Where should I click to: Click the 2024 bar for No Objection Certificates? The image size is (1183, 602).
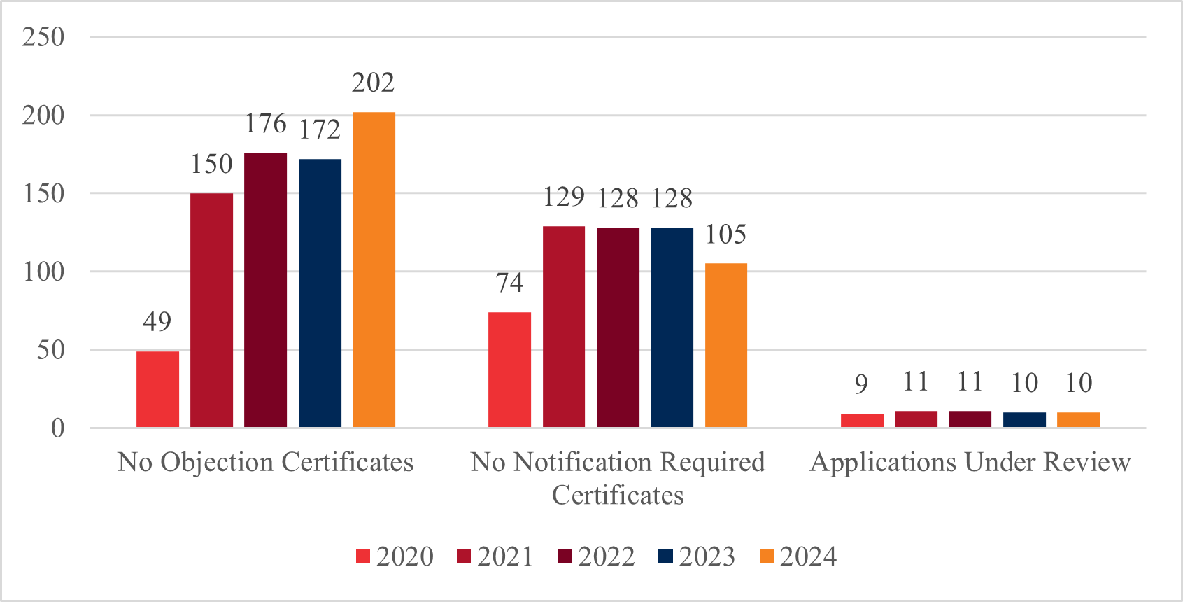pyautogui.click(x=374, y=269)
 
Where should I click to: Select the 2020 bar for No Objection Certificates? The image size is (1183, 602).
pyautogui.click(x=157, y=389)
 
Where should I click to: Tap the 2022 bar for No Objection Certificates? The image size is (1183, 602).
pyautogui.click(x=265, y=290)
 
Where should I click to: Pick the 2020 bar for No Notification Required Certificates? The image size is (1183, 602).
pyautogui.click(x=509, y=370)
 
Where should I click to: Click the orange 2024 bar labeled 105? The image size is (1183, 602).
pyautogui.click(x=725, y=345)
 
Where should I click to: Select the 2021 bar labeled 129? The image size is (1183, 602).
pyautogui.click(x=564, y=326)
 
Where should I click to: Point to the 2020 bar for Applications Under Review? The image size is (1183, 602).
pyautogui.click(x=862, y=420)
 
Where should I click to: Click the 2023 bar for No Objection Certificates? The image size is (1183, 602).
pyautogui.click(x=320, y=293)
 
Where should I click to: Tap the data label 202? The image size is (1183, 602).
pyautogui.click(x=373, y=83)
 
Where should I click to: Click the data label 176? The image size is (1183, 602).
pyautogui.click(x=265, y=124)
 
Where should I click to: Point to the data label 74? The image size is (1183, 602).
pyautogui.click(x=509, y=283)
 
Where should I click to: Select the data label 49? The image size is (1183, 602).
pyautogui.click(x=157, y=322)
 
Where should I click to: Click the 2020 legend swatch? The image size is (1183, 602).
pyautogui.click(x=363, y=557)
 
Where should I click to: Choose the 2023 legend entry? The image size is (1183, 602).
pyautogui.click(x=697, y=557)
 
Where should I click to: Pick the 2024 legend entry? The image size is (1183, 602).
pyautogui.click(x=798, y=557)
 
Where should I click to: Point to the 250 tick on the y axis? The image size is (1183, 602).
pyautogui.click(x=43, y=37)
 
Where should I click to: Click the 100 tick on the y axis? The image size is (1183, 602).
pyautogui.click(x=43, y=272)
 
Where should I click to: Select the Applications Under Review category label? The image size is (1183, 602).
pyautogui.click(x=970, y=463)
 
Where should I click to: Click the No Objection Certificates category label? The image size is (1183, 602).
pyautogui.click(x=265, y=463)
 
